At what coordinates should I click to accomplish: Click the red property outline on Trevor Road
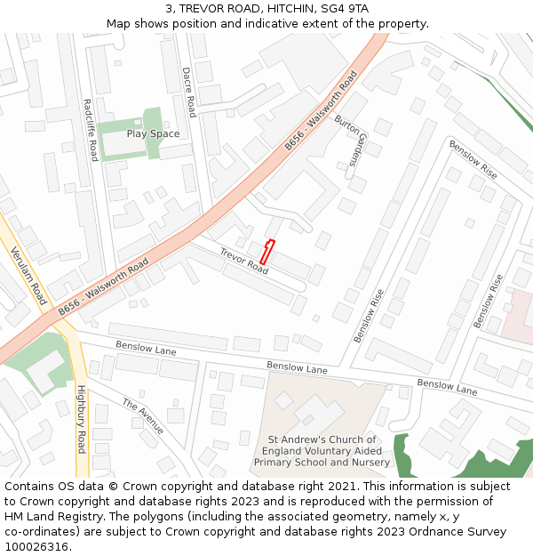coord(267,252)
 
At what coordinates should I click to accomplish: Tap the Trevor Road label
coord(243,260)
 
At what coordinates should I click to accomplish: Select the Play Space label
coord(153,134)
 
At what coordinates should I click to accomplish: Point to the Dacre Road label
coord(188,92)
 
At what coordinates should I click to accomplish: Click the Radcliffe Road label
coord(90,129)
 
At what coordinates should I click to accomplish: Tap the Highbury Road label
coord(81,419)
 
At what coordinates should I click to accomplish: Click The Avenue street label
coord(143,416)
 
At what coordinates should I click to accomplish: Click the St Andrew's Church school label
coord(322,451)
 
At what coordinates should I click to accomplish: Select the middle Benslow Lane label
coord(297,367)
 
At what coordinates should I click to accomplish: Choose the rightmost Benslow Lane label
coord(447,386)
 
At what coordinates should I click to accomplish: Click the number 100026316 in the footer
coord(36,547)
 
